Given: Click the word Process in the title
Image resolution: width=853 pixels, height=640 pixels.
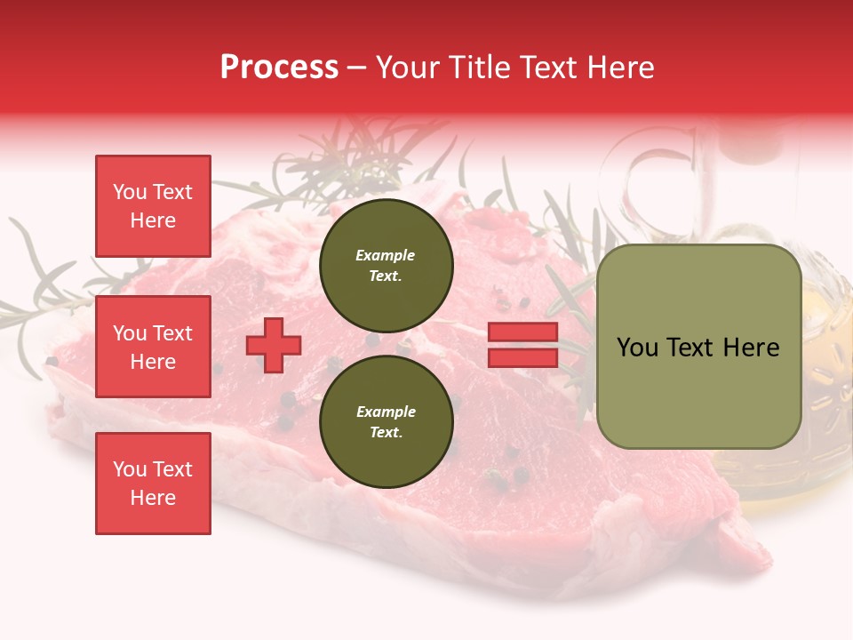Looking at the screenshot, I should click(279, 68).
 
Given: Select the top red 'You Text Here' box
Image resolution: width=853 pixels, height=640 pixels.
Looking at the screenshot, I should click(153, 206).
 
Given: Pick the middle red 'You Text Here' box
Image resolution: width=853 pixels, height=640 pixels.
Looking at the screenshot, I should click(153, 347).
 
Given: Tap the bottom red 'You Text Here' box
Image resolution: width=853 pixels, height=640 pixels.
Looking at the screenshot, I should click(153, 484).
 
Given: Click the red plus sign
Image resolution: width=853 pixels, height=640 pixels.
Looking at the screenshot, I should click(274, 345).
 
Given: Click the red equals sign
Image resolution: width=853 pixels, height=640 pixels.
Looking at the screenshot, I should click(522, 345).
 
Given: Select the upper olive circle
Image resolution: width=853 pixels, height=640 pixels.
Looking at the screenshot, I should click(386, 266).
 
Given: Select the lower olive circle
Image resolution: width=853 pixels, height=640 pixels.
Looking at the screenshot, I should click(386, 422).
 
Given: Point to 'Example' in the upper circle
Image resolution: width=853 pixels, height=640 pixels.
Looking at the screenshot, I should click(386, 255).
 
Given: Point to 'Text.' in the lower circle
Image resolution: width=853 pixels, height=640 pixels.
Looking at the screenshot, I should click(386, 433).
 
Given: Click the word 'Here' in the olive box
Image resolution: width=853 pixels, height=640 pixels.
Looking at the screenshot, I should click(752, 348).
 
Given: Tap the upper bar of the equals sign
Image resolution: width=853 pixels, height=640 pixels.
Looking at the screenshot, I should click(522, 332).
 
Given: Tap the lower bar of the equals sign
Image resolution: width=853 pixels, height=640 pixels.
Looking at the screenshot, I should click(522, 357).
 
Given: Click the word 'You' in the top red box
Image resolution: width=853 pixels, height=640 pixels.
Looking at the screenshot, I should click(130, 192).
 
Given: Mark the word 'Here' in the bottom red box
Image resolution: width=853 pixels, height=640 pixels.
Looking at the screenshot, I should click(153, 498).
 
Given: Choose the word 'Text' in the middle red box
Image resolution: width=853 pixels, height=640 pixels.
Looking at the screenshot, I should click(171, 333).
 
